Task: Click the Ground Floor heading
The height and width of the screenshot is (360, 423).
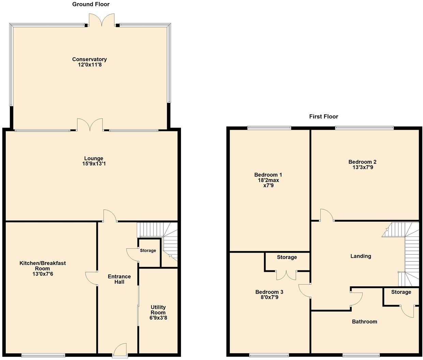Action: coord(91,4)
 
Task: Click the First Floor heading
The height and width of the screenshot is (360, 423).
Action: coord(323,117)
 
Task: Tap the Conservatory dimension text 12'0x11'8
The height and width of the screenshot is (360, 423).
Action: coord(90,64)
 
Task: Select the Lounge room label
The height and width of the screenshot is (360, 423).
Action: coord(94,158)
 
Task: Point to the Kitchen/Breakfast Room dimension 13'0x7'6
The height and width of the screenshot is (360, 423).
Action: coord(43,274)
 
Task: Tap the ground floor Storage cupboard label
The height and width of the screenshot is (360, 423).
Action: coord(148,251)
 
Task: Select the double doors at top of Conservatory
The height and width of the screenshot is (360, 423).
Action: coord(102,20)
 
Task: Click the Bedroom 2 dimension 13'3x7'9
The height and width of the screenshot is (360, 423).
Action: coord(363,167)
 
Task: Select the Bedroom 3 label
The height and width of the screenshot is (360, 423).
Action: coord(269,292)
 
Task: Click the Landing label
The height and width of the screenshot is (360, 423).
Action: coord(361,256)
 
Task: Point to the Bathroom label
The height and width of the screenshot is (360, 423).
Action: coord(364,322)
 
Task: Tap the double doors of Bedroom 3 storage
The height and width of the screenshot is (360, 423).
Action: coord(287,275)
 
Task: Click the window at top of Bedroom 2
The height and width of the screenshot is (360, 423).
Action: coord(364,128)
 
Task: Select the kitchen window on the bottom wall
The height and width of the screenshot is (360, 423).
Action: coord(43,355)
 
